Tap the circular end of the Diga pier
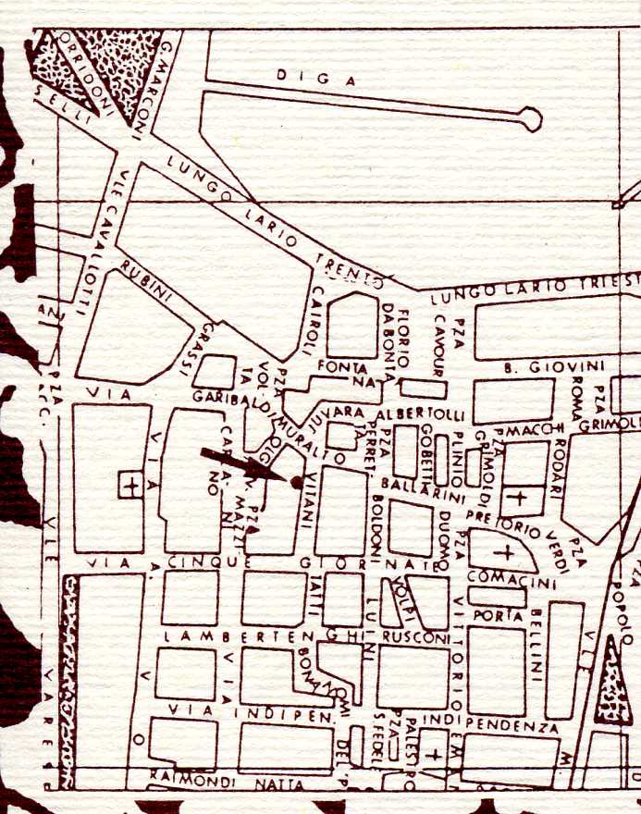[530, 117]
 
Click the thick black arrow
[242, 463]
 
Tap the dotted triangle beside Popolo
[615, 677]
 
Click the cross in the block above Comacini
[506, 552]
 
